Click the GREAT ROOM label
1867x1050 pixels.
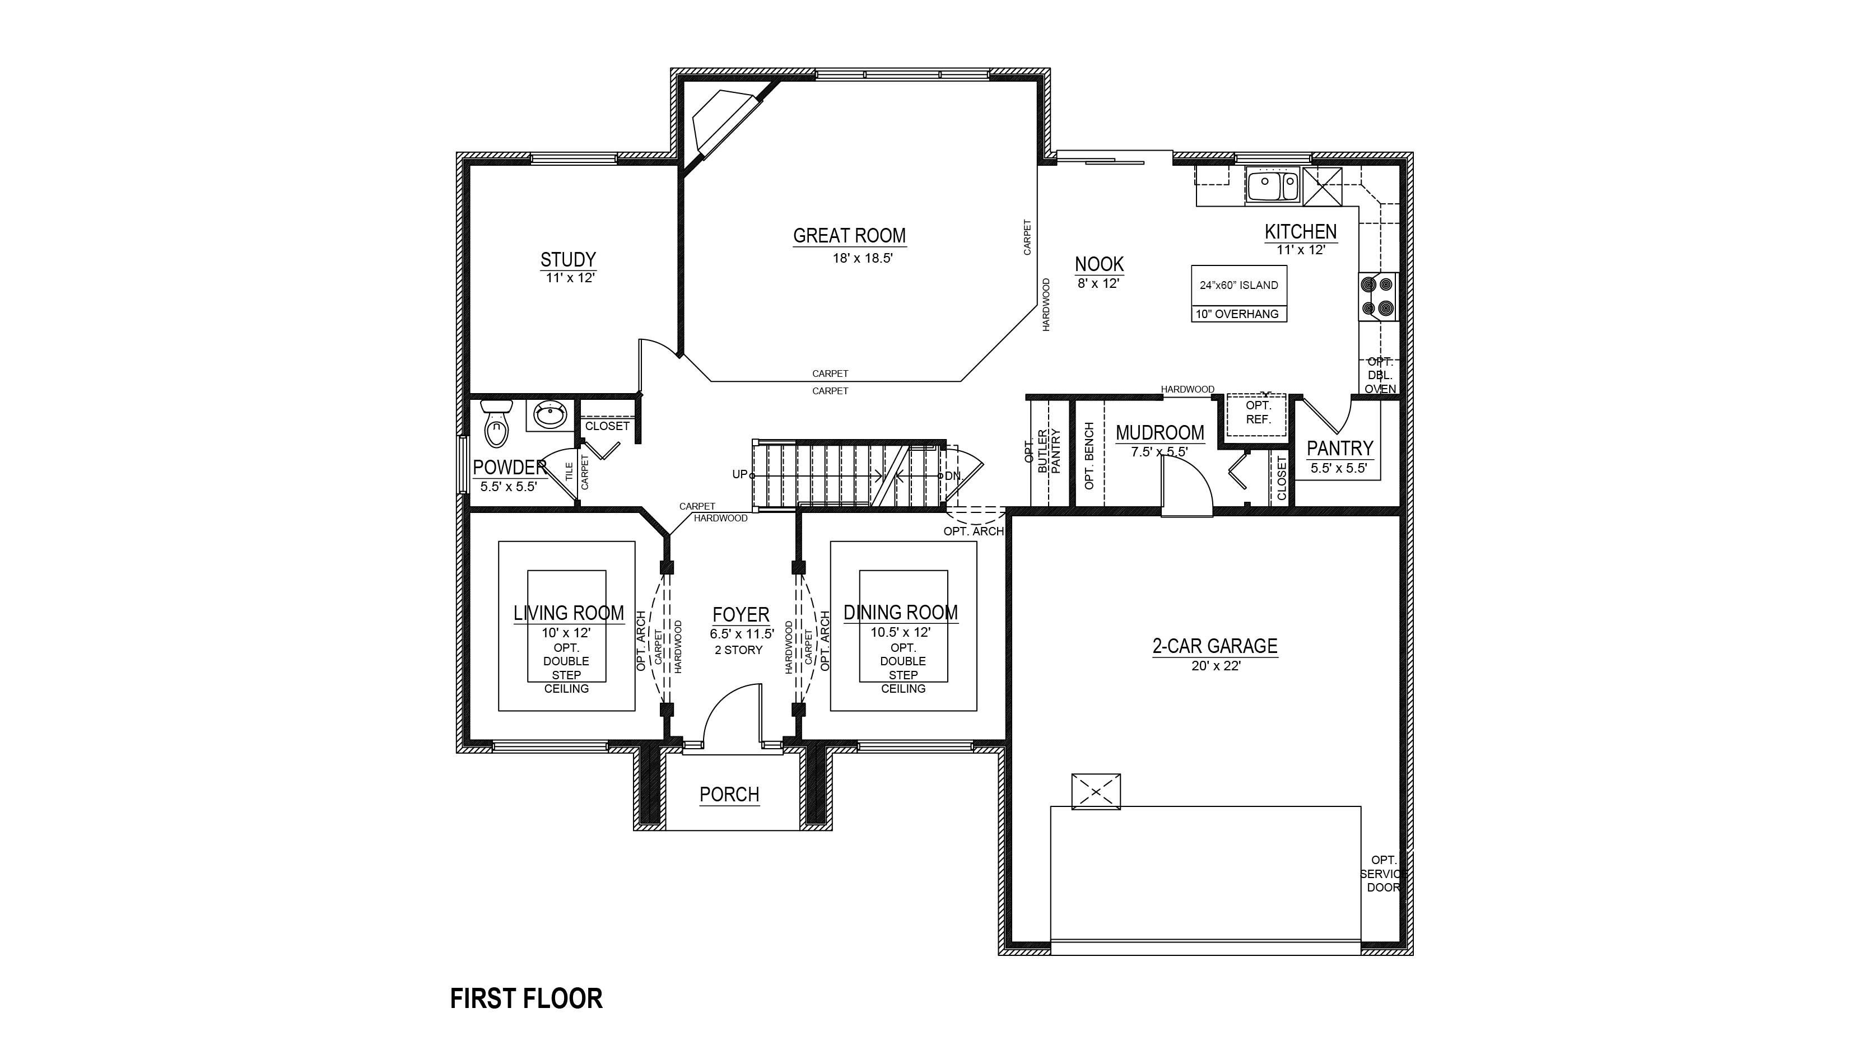pyautogui.click(x=849, y=236)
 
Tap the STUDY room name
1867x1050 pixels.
pyautogui.click(x=568, y=259)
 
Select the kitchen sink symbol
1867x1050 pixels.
pyautogui.click(x=1273, y=185)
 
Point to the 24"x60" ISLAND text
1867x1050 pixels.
pyautogui.click(x=1239, y=286)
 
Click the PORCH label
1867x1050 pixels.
pyautogui.click(x=729, y=795)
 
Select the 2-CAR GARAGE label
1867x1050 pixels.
pyautogui.click(x=1216, y=646)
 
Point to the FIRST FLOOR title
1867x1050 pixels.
pyautogui.click(x=526, y=998)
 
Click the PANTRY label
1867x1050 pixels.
pyautogui.click(x=1340, y=449)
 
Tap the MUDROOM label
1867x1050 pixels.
pyautogui.click(x=1160, y=433)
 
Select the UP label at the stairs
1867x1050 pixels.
pyautogui.click(x=739, y=475)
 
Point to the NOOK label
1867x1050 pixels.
pyautogui.click(x=1100, y=264)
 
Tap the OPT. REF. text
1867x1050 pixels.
pyautogui.click(x=1258, y=412)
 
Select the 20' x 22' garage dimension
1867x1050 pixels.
pyautogui.click(x=1216, y=666)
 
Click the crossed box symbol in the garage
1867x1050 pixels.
pyautogui.click(x=1096, y=791)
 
